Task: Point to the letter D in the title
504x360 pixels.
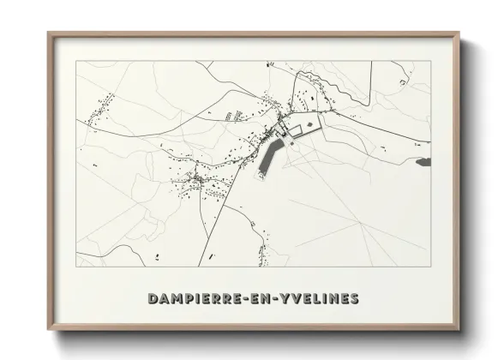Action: [x=153, y=299]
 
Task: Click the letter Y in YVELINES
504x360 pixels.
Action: [x=286, y=299]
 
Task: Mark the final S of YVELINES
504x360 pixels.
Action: [x=354, y=299]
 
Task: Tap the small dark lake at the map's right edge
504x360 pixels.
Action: [x=422, y=159]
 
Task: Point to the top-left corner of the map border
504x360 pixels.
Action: [x=76, y=62]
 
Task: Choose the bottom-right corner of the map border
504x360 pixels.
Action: [x=429, y=267]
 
